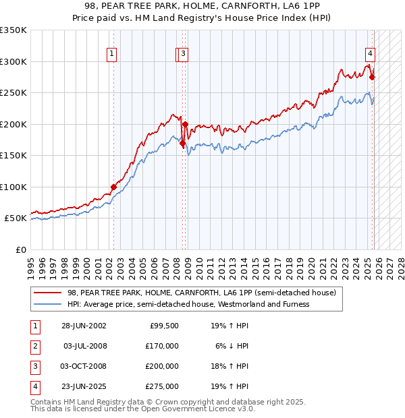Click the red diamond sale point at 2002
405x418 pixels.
coord(113,187)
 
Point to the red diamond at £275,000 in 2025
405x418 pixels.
coord(372,77)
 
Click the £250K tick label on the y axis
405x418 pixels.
coord(13,93)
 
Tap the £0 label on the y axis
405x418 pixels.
coord(20,249)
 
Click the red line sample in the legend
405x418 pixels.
coord(47,293)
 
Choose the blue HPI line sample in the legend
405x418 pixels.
coord(47,304)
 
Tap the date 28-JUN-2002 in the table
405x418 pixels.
coord(84,325)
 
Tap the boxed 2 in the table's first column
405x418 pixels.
coord(34,346)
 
